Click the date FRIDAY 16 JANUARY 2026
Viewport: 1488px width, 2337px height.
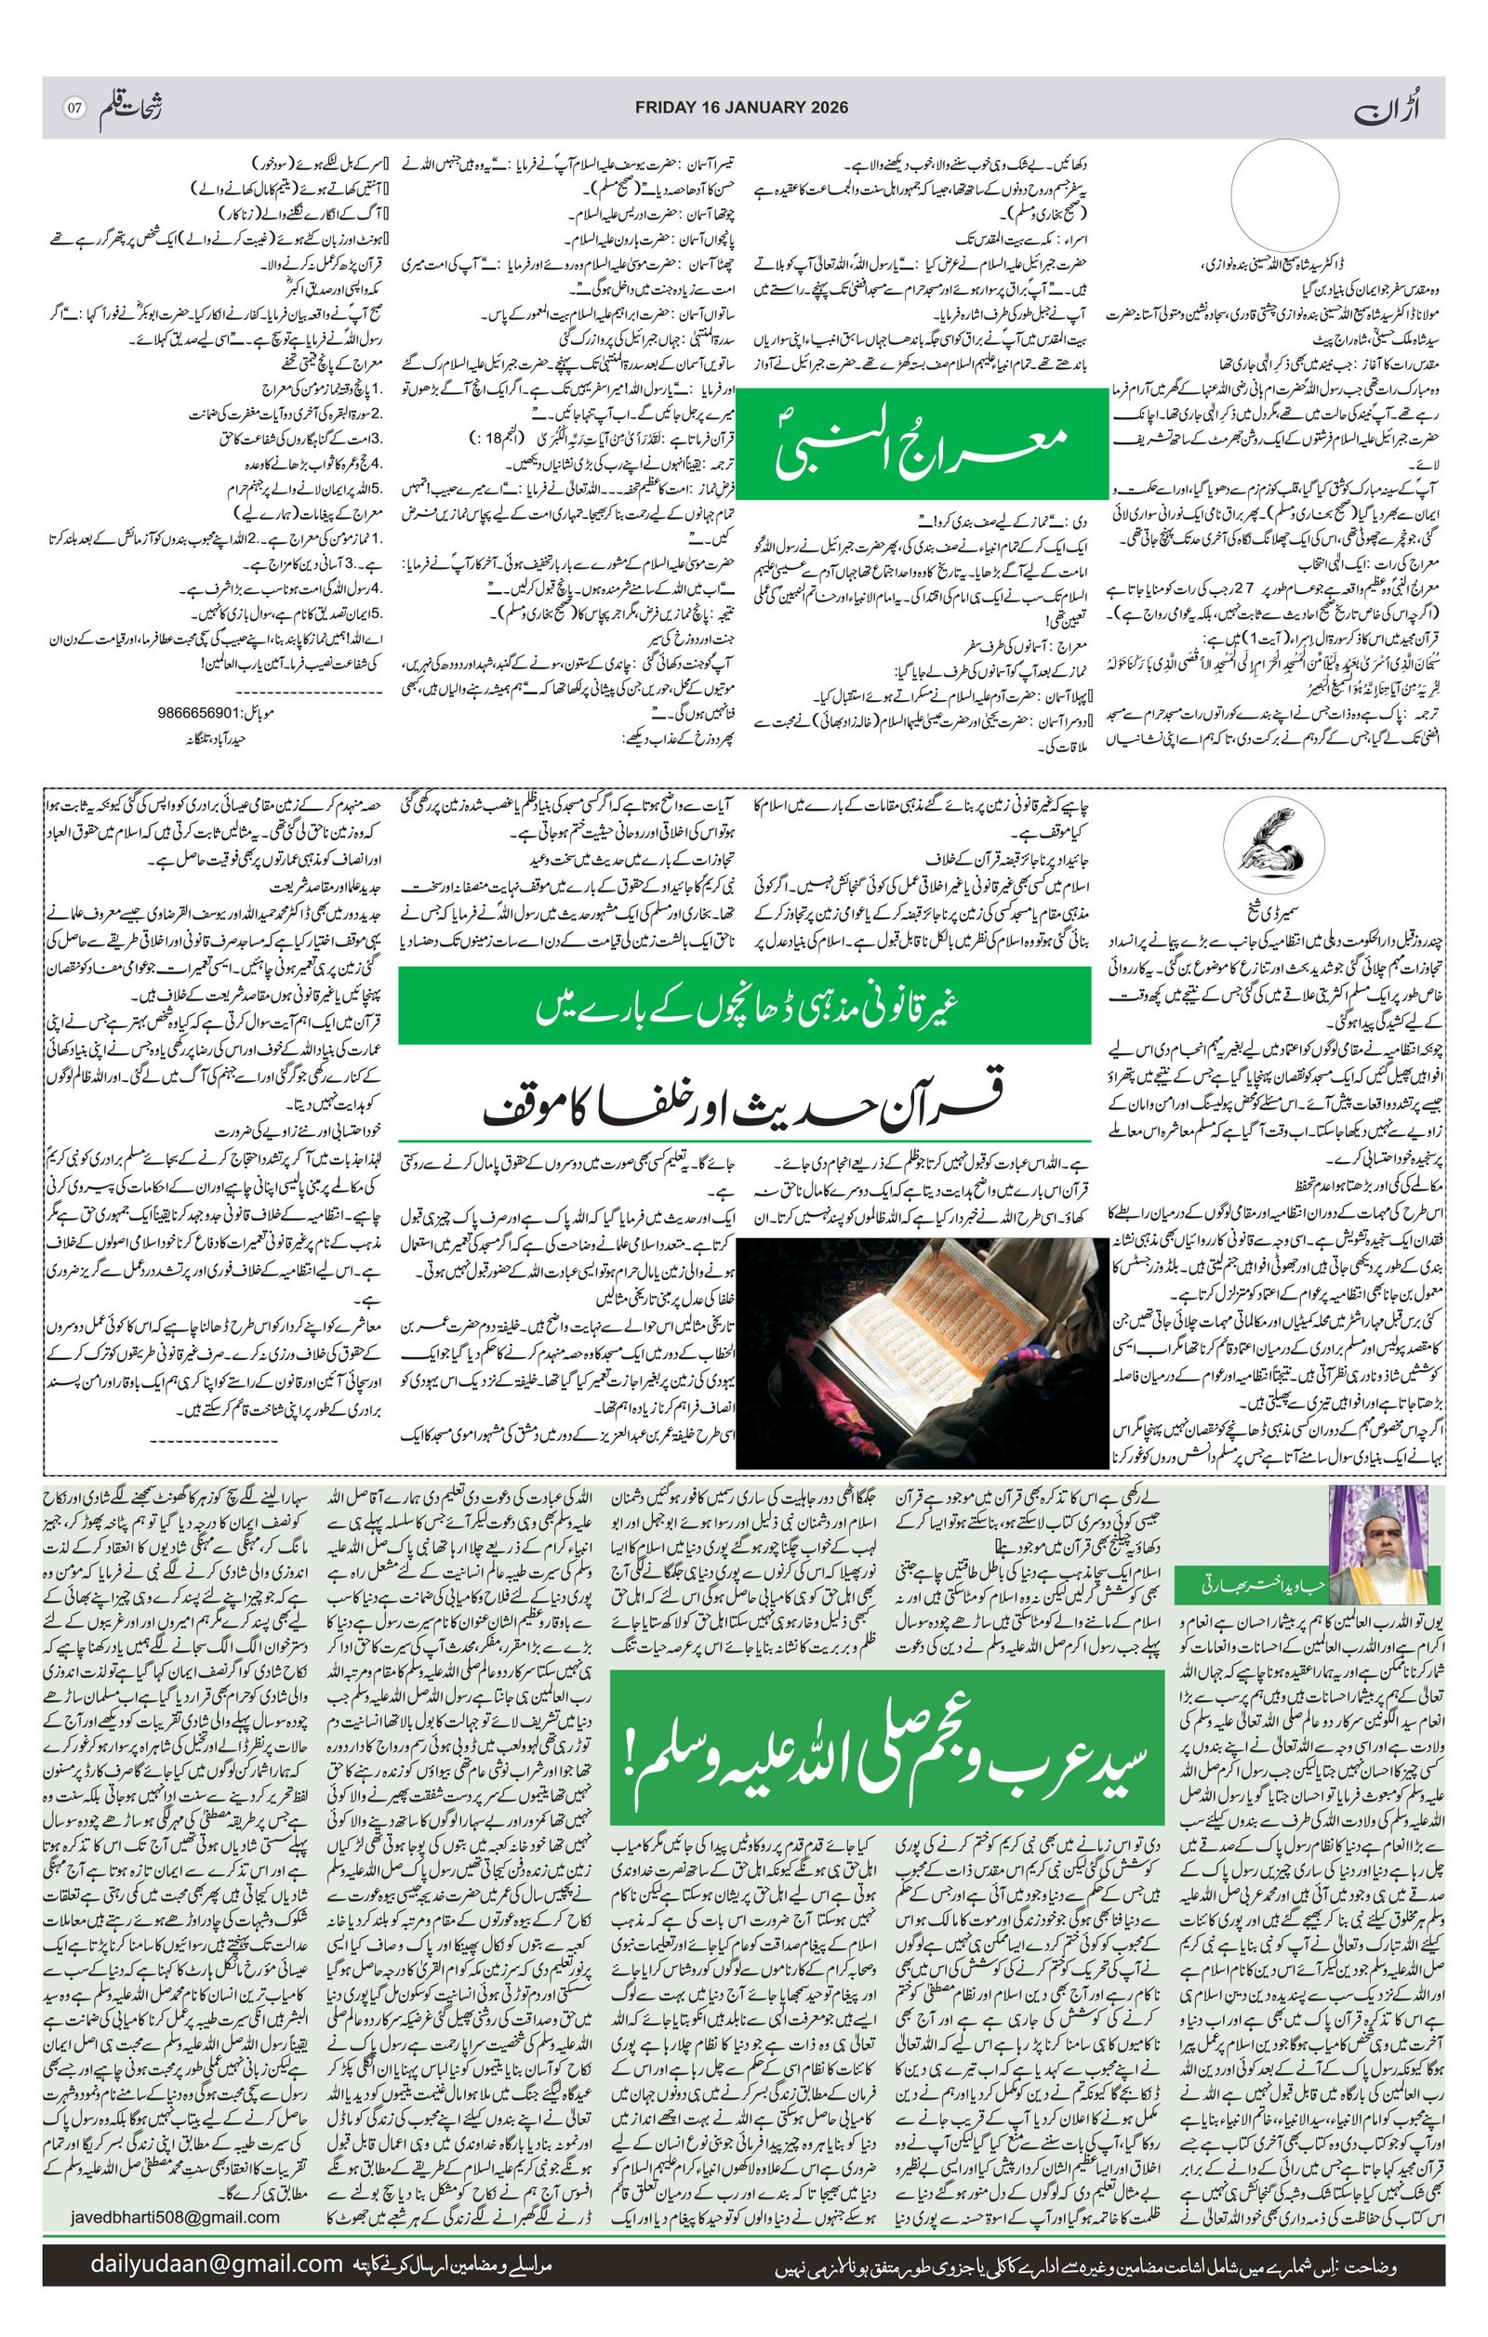pos(740,107)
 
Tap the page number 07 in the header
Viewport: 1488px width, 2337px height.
pos(74,107)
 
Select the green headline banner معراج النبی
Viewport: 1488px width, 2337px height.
pos(923,443)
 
